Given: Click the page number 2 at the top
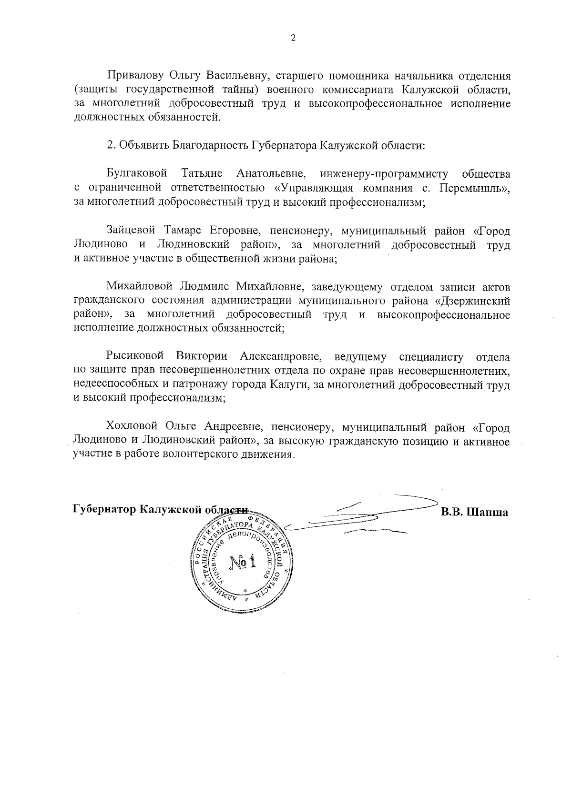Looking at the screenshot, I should tap(293, 39).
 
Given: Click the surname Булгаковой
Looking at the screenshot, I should tap(137, 174).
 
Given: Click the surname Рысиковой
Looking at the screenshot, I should tap(135, 356).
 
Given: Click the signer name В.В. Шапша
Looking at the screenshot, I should tap(474, 513).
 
